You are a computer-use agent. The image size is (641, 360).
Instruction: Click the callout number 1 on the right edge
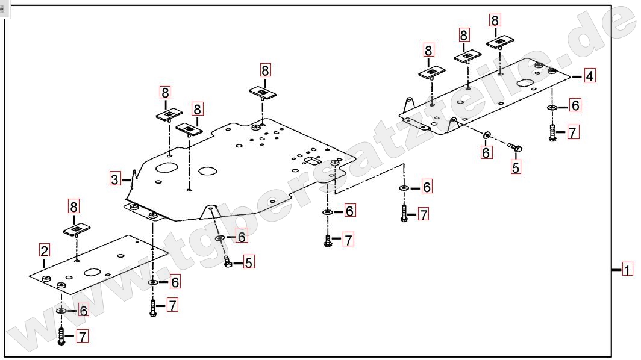tap(627, 270)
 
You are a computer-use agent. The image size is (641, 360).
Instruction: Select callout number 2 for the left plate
tap(45, 250)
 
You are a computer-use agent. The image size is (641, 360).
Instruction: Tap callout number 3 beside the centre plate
tap(115, 178)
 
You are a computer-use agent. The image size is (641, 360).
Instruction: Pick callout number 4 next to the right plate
tap(589, 76)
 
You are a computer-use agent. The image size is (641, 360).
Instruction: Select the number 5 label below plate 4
tap(516, 167)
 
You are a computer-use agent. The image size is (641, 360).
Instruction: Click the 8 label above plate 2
tap(73, 206)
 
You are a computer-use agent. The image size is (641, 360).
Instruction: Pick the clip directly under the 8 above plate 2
tap(77, 229)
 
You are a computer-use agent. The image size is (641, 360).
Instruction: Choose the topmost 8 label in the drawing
tap(495, 20)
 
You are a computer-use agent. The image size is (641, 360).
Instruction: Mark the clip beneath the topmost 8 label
tap(501, 42)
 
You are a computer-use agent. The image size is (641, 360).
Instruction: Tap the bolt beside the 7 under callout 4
tap(552, 133)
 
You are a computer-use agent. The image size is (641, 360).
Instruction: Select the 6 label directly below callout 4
tap(575, 105)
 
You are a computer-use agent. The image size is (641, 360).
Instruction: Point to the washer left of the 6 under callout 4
tap(552, 107)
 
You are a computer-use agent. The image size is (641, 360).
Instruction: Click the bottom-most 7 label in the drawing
tap(82, 336)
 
